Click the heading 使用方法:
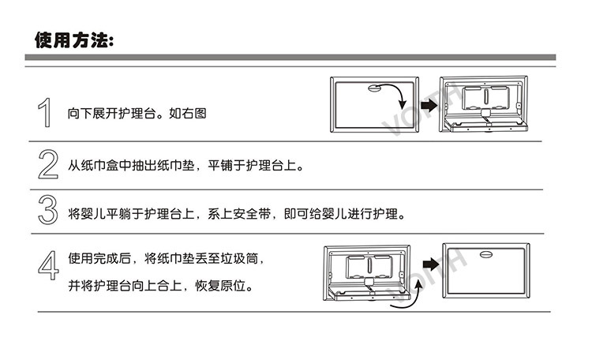click(x=74, y=39)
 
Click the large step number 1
click(x=47, y=112)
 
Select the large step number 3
click(x=47, y=212)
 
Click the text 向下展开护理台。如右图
click(x=137, y=114)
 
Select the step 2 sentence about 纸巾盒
click(x=185, y=166)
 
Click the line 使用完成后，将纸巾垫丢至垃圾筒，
click(x=171, y=257)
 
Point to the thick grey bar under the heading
click(x=290, y=58)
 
